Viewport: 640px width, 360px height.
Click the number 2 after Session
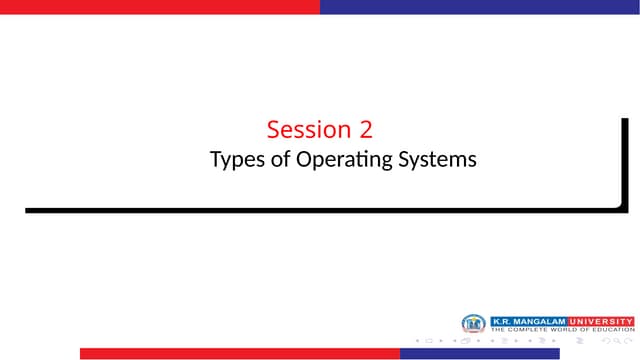[x=366, y=130]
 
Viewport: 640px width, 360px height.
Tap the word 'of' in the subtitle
[x=282, y=159]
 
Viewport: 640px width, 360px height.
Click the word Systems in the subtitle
[x=438, y=159]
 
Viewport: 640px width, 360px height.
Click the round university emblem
[x=473, y=324]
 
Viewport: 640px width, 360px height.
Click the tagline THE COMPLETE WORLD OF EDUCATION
[x=561, y=329]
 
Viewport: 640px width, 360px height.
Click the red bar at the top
[x=160, y=6]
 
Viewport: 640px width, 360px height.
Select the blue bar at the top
[x=480, y=6]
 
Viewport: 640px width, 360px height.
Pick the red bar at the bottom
[x=240, y=353]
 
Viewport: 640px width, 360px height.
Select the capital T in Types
[x=215, y=159]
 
